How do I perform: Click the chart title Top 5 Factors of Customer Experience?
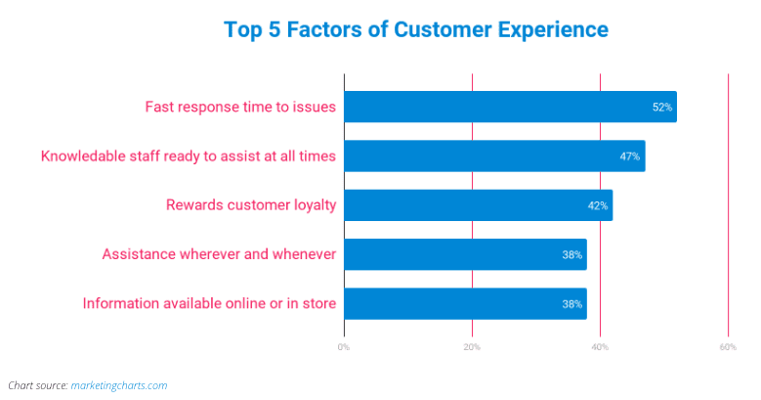[x=416, y=29]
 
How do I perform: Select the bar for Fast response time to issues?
[x=508, y=107]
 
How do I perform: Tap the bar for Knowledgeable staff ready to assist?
[x=493, y=156]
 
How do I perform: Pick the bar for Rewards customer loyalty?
[x=477, y=205]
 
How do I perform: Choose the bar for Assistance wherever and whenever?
[x=464, y=254]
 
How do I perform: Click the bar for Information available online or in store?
[x=464, y=303]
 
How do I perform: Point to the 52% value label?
[x=662, y=107]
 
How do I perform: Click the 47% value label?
[x=629, y=156]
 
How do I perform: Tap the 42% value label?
[x=598, y=205]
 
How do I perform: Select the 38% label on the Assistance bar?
[x=572, y=254]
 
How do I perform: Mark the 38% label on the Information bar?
[x=572, y=303]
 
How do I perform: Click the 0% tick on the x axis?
[x=344, y=347]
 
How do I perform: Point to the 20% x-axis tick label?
[x=472, y=347]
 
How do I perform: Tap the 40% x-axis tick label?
[x=600, y=347]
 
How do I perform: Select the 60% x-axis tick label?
[x=728, y=347]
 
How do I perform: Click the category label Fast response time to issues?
[x=240, y=107]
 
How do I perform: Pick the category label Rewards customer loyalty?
[x=251, y=205]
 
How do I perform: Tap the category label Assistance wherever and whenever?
[x=219, y=254]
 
